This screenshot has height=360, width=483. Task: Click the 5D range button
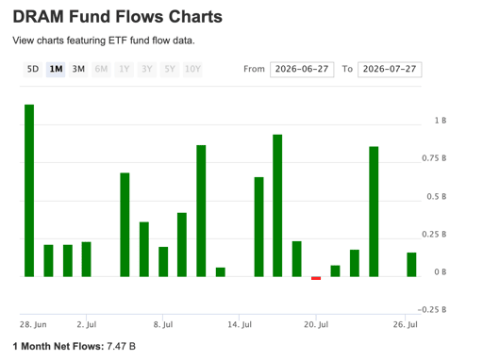(33, 69)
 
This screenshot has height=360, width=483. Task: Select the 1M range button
(56, 69)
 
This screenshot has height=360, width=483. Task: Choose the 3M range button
(78, 69)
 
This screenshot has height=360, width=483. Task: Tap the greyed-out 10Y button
(192, 69)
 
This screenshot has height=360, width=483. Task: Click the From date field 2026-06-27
(302, 69)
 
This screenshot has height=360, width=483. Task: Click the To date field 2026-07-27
(390, 69)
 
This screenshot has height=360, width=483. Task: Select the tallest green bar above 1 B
(29, 190)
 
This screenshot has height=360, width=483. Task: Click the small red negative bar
(316, 278)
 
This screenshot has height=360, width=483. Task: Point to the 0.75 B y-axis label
(434, 158)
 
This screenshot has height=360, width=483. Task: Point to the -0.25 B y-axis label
(432, 310)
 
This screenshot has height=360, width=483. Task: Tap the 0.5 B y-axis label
(437, 197)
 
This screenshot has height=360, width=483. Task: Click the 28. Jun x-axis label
(33, 324)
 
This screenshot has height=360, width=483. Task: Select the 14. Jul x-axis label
(240, 324)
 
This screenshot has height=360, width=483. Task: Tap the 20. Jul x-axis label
(316, 324)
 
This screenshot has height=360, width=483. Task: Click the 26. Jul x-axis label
(406, 324)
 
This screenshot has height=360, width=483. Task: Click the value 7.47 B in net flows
(121, 346)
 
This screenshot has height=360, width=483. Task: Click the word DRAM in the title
(39, 17)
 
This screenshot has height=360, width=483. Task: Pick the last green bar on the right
(411, 265)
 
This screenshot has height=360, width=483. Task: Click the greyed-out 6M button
(101, 69)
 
